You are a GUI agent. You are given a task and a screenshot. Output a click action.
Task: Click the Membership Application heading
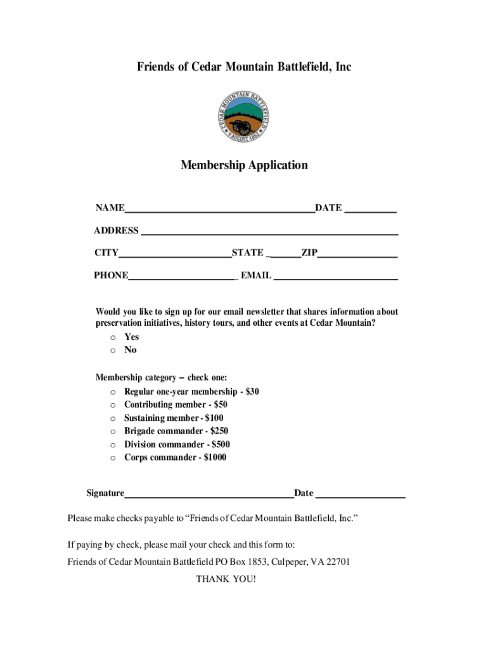[244, 165]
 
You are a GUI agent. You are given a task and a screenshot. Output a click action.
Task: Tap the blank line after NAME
[219, 209]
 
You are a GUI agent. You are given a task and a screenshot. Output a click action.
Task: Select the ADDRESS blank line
[269, 231]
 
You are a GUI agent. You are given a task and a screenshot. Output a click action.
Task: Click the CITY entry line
[175, 254]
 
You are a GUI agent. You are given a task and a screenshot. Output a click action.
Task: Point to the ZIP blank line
[357, 254]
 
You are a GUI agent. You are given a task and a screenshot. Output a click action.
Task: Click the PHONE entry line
[182, 276]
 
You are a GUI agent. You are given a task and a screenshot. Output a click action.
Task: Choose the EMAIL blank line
[335, 276]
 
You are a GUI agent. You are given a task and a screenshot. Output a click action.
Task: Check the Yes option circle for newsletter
[112, 338]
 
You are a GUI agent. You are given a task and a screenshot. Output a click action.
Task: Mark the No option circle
[112, 350]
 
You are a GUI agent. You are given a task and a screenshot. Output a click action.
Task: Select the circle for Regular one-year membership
[112, 392]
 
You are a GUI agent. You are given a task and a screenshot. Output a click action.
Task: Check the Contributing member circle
[112, 405]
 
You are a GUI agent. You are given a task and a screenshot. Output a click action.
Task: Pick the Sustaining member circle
[112, 418]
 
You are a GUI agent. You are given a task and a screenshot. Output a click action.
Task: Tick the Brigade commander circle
[112, 432]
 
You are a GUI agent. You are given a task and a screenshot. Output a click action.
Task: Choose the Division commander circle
[112, 445]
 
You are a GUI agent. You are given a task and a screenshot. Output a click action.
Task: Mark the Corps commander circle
[112, 458]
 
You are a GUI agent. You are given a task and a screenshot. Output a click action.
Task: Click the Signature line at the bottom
[209, 494]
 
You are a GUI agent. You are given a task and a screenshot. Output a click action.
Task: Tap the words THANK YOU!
[226, 579]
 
